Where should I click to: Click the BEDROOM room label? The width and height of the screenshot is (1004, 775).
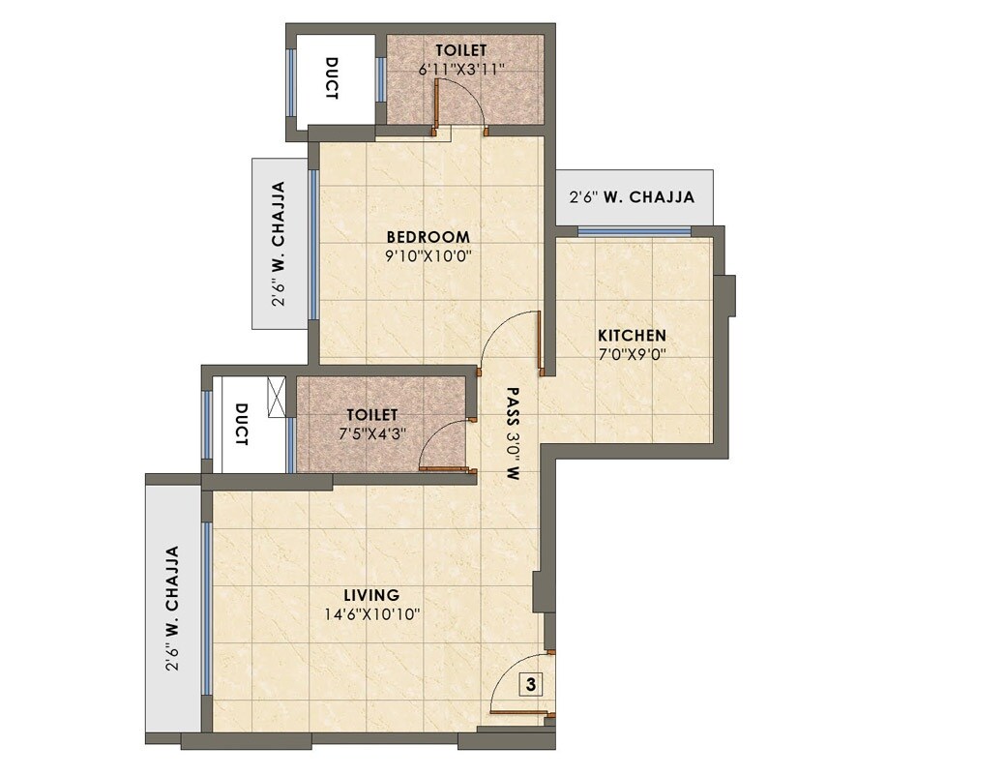(x=428, y=237)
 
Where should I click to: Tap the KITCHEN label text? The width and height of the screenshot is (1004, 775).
(x=632, y=336)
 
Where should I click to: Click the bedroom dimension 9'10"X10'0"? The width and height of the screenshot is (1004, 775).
(x=428, y=256)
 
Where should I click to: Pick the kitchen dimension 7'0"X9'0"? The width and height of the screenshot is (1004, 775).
(x=632, y=354)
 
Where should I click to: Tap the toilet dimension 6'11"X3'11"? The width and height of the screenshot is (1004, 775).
(x=460, y=70)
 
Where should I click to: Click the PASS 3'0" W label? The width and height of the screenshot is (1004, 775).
(x=513, y=433)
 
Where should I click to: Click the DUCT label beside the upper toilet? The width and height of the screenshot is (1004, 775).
(x=331, y=79)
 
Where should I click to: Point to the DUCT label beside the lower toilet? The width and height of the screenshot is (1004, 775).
(x=242, y=424)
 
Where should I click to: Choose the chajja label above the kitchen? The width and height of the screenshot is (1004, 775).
(x=634, y=197)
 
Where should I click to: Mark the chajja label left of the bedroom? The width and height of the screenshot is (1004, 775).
(x=279, y=244)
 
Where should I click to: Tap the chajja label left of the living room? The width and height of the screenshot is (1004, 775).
(x=172, y=609)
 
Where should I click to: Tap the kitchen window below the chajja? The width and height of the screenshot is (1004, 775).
(x=635, y=231)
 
